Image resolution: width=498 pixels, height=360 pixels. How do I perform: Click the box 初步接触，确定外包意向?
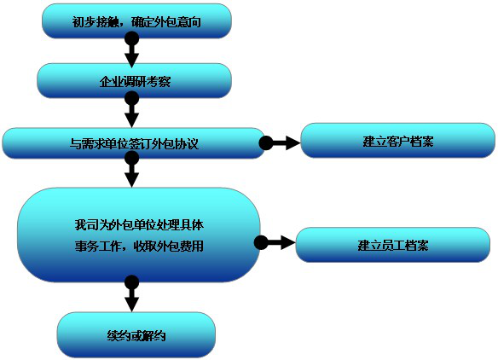click(136, 21)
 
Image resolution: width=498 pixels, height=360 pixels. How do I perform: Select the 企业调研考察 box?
click(135, 81)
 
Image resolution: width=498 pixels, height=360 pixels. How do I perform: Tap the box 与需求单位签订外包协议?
click(134, 143)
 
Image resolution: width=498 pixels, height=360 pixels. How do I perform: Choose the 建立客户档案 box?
click(398, 141)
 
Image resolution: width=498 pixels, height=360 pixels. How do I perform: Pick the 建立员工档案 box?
click(393, 245)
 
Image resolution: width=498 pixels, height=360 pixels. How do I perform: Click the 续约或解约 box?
click(136, 335)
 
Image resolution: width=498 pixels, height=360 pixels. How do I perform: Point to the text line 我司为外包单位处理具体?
click(139, 224)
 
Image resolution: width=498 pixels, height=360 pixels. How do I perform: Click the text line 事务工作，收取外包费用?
click(139, 246)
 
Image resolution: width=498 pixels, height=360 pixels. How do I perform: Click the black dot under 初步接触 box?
click(132, 38)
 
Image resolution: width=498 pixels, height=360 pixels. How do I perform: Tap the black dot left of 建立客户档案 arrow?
click(266, 143)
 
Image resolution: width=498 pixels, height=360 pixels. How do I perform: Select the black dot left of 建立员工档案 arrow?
click(261, 243)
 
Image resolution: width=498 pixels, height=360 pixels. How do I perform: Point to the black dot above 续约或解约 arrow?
click(132, 282)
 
